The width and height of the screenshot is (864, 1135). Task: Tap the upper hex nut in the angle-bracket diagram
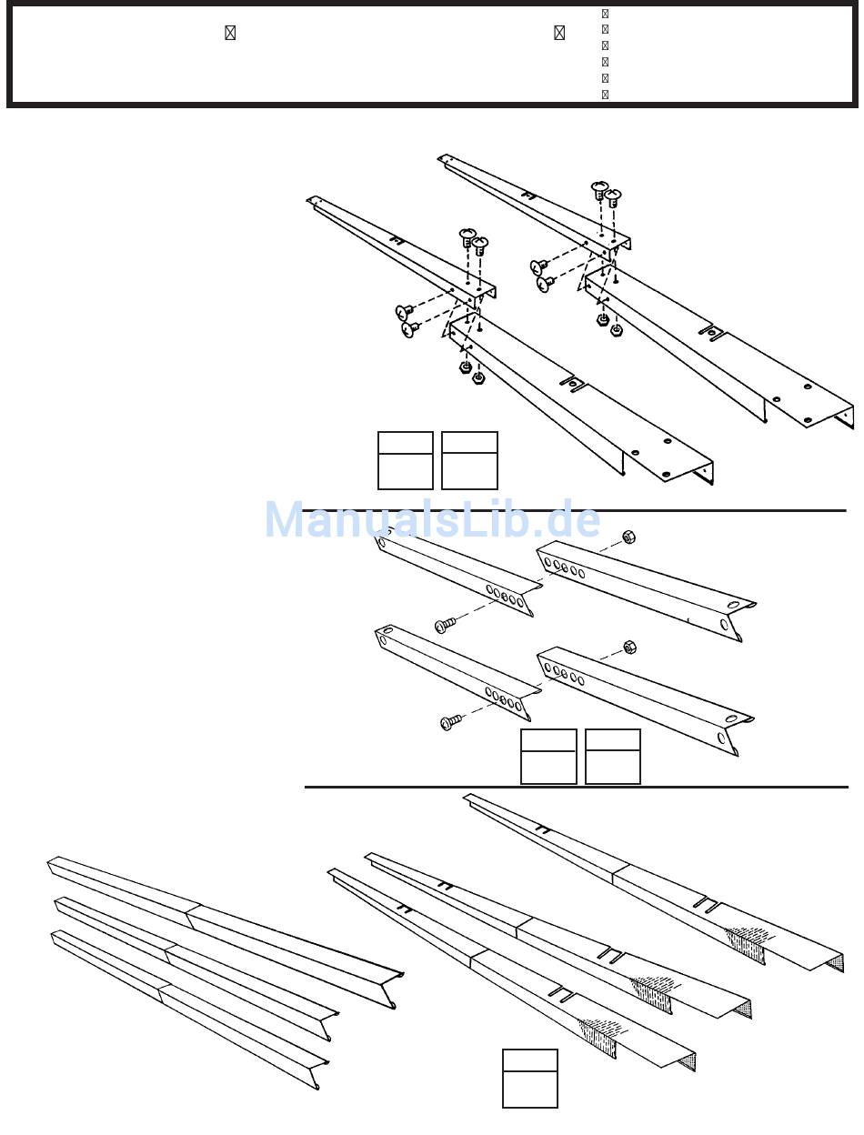pyautogui.click(x=628, y=536)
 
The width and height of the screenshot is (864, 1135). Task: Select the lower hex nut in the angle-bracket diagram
pyautogui.click(x=628, y=648)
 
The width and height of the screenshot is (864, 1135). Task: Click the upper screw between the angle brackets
pyautogui.click(x=445, y=625)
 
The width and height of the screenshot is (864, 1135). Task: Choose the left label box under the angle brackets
pyautogui.click(x=548, y=756)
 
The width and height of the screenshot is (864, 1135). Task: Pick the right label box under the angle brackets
pyautogui.click(x=613, y=756)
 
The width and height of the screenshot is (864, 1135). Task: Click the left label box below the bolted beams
pyautogui.click(x=406, y=460)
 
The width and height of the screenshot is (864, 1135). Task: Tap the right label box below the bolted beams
pyautogui.click(x=469, y=460)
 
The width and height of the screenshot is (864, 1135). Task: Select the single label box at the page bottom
pyautogui.click(x=530, y=1078)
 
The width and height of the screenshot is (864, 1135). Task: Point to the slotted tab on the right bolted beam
pyautogui.click(x=712, y=333)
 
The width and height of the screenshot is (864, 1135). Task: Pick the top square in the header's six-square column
pyautogui.click(x=605, y=15)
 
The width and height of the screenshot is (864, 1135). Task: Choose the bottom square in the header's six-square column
pyautogui.click(x=605, y=94)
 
